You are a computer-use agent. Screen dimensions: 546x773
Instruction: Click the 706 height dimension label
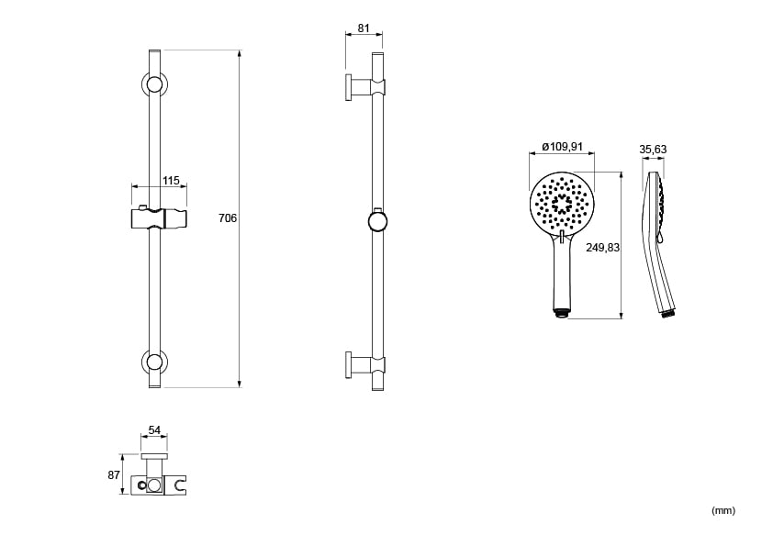tap(228, 218)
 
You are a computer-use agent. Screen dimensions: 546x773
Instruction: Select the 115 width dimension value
tap(171, 181)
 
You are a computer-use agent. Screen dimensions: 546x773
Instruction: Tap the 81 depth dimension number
tap(364, 28)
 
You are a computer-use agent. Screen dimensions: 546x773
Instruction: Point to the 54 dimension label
tap(154, 430)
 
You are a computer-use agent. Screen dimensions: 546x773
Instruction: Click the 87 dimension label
tap(114, 474)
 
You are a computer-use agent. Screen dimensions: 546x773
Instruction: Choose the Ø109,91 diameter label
tap(562, 147)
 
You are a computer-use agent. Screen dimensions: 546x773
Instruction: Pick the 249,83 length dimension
tap(601, 248)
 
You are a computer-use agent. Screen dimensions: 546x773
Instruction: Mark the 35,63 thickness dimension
tap(653, 150)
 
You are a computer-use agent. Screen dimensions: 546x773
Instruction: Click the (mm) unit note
tap(723, 510)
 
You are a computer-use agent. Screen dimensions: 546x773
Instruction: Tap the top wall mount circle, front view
tap(154, 84)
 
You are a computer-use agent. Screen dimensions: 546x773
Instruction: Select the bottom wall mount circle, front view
tap(154, 362)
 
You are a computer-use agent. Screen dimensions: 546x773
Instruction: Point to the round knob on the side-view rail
tap(377, 221)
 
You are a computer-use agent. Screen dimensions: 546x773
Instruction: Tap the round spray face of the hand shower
tap(562, 201)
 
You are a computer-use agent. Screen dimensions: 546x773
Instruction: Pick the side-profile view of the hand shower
tap(659, 243)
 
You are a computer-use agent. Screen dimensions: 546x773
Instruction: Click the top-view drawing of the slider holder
tap(158, 481)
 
